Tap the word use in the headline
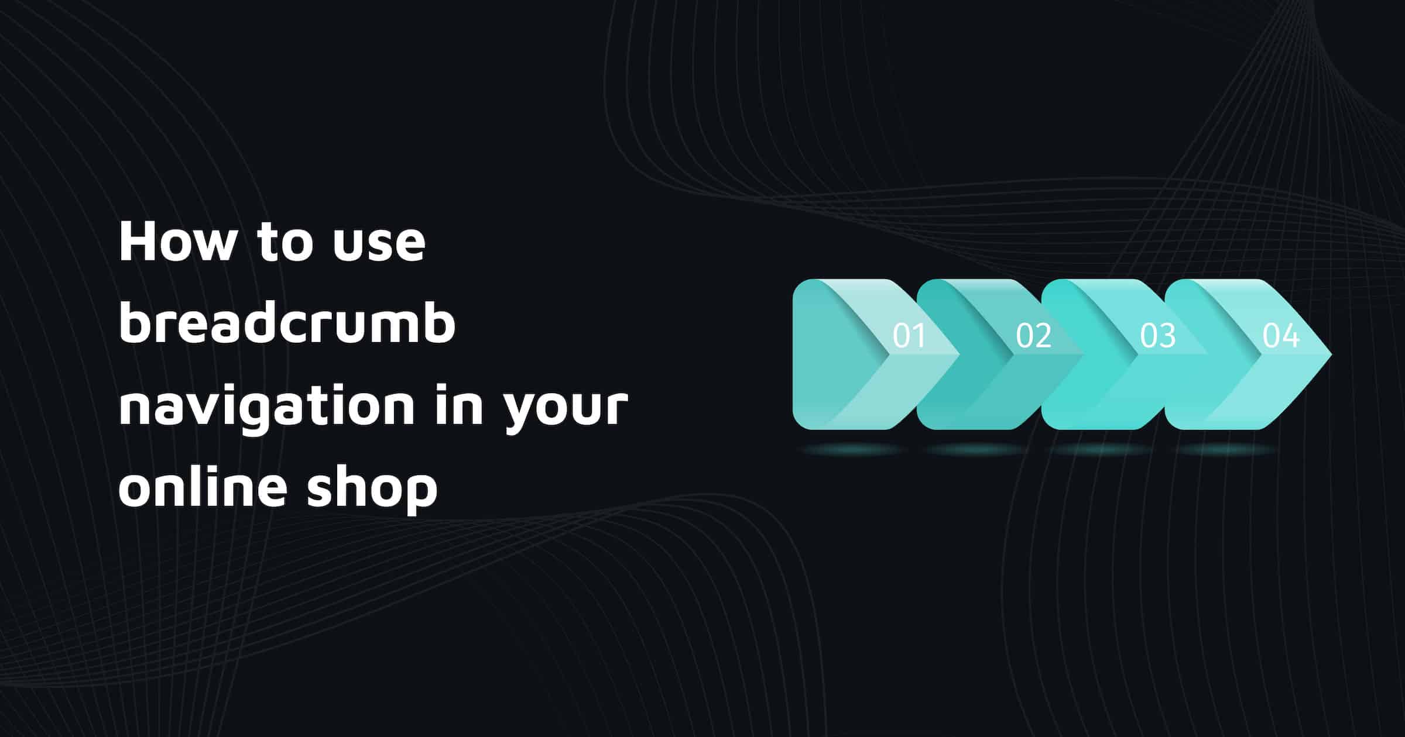click(x=379, y=246)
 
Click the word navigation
click(x=267, y=408)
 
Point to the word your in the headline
click(x=566, y=409)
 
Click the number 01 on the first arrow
click(x=909, y=336)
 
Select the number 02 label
click(x=1033, y=336)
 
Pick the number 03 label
click(x=1157, y=336)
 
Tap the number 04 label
click(x=1281, y=336)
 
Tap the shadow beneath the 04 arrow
click(x=1226, y=449)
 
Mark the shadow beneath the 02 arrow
click(x=978, y=449)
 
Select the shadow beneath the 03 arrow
click(x=1102, y=449)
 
